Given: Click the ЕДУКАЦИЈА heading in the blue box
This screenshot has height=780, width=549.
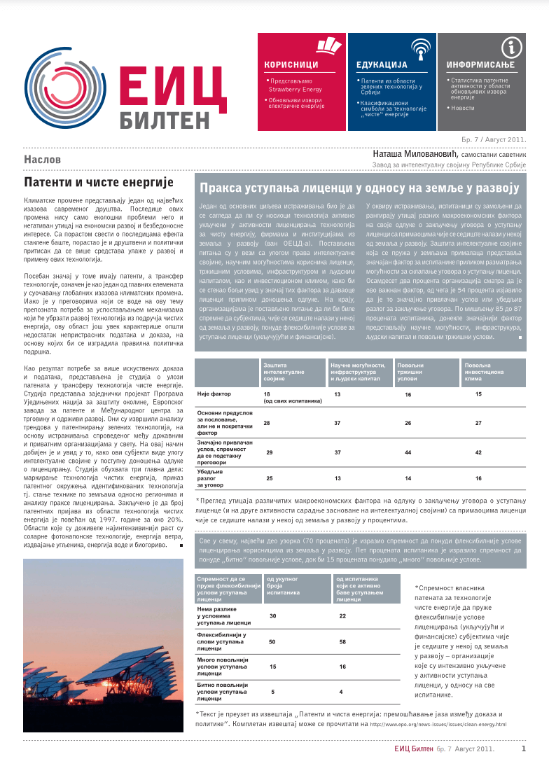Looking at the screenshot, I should click(x=377, y=65).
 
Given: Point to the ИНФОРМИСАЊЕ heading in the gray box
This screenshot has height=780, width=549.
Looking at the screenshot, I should click(x=480, y=65).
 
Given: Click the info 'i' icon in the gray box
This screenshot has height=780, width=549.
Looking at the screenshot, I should click(x=513, y=46).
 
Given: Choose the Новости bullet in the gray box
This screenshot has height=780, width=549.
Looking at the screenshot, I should click(x=464, y=108).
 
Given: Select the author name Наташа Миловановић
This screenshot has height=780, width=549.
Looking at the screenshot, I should click(x=412, y=154).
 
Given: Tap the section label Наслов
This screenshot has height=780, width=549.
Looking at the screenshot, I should click(x=43, y=160).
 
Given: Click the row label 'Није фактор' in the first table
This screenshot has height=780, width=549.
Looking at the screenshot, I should click(x=213, y=394).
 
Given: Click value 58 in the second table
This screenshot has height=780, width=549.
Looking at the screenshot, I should click(x=342, y=641).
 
